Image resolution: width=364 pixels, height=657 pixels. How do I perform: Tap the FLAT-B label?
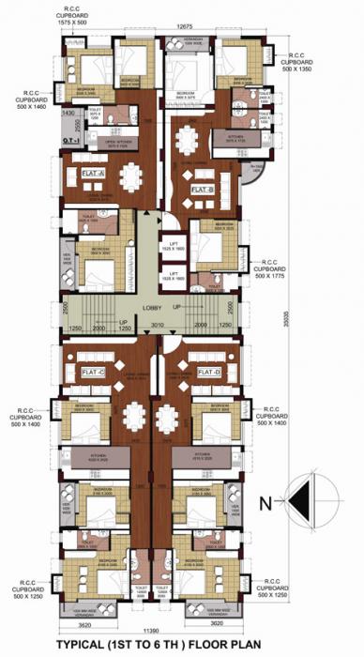pos(204,190)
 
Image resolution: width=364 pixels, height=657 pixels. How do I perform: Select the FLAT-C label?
pos(95,373)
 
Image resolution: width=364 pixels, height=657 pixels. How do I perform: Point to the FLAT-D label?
pos(209,373)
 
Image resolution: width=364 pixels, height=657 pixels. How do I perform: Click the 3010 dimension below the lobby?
pos(158,325)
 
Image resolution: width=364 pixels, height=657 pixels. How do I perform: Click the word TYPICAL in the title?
pos(85,644)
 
